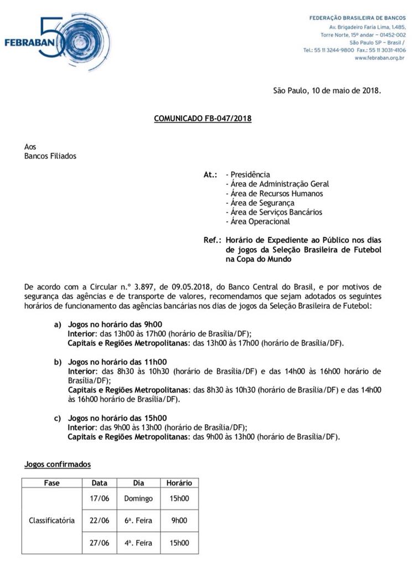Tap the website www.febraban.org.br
pos(378,58)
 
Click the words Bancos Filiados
pos(50,156)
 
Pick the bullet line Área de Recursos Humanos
pos(275,193)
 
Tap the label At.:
pos(210,174)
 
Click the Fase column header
pos(51,483)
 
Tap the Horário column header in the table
pos(179,483)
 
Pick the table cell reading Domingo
pos(138,498)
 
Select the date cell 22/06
pos(100,520)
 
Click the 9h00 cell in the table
pos(179,520)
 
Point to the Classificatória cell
pos(51,520)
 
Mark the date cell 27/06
pos(100,543)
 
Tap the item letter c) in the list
pos(58,418)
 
